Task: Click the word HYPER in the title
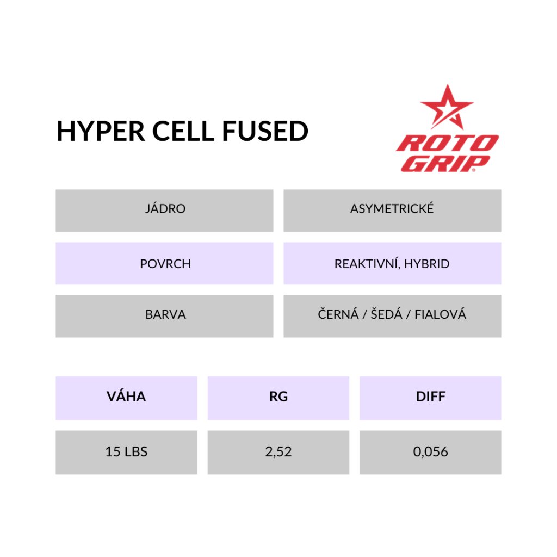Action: click(101, 131)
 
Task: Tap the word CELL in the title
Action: click(183, 131)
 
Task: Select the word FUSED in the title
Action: click(265, 131)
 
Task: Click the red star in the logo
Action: click(447, 107)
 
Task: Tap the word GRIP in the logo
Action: click(446, 163)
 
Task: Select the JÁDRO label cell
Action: click(164, 211)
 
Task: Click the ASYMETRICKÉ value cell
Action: click(392, 211)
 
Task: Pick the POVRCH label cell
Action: click(164, 263)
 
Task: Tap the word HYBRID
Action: click(426, 264)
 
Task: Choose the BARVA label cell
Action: click(164, 316)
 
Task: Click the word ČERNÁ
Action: click(338, 314)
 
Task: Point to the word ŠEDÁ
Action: click(387, 314)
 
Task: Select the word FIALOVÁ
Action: click(440, 314)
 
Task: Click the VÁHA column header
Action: click(126, 398)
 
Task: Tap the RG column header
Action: click(278, 398)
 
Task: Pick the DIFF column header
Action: click(431, 398)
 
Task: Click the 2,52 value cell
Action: click(278, 452)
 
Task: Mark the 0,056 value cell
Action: click(431, 452)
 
